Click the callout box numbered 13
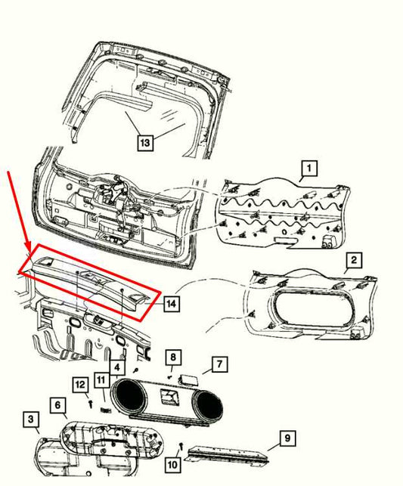tap(145, 143)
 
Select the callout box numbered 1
tap(309, 168)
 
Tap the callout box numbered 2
tap(354, 259)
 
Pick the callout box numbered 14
tap(172, 303)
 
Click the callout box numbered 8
tap(173, 358)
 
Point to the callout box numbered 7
tap(219, 364)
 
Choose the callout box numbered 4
tap(117, 367)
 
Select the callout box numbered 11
tap(102, 380)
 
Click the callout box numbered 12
tap(80, 385)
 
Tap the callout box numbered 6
tap(58, 405)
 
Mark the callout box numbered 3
tap(31, 419)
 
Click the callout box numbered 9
tap(287, 438)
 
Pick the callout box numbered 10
tap(172, 464)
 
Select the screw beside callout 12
tap(91, 404)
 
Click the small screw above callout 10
tap(181, 446)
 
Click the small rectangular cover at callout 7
tap(190, 379)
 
